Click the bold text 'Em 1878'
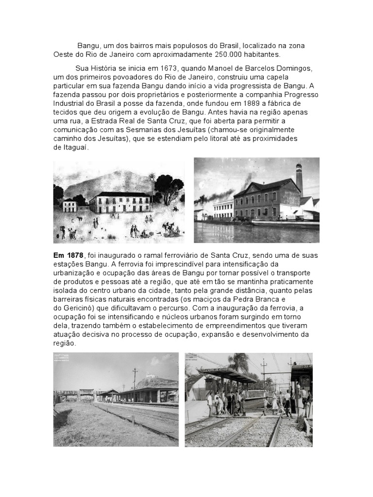pos(68,255)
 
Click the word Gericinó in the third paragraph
pos(78,308)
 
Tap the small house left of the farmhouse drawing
pos(70,205)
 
